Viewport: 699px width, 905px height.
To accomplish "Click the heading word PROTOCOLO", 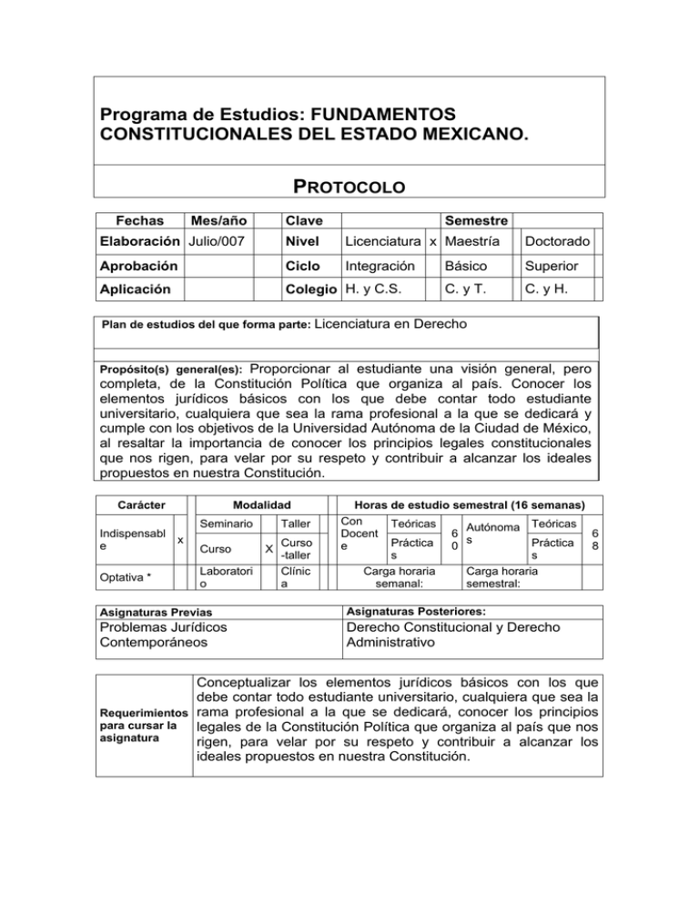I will point(349,187).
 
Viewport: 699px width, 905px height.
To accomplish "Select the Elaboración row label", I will point(139,242).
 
